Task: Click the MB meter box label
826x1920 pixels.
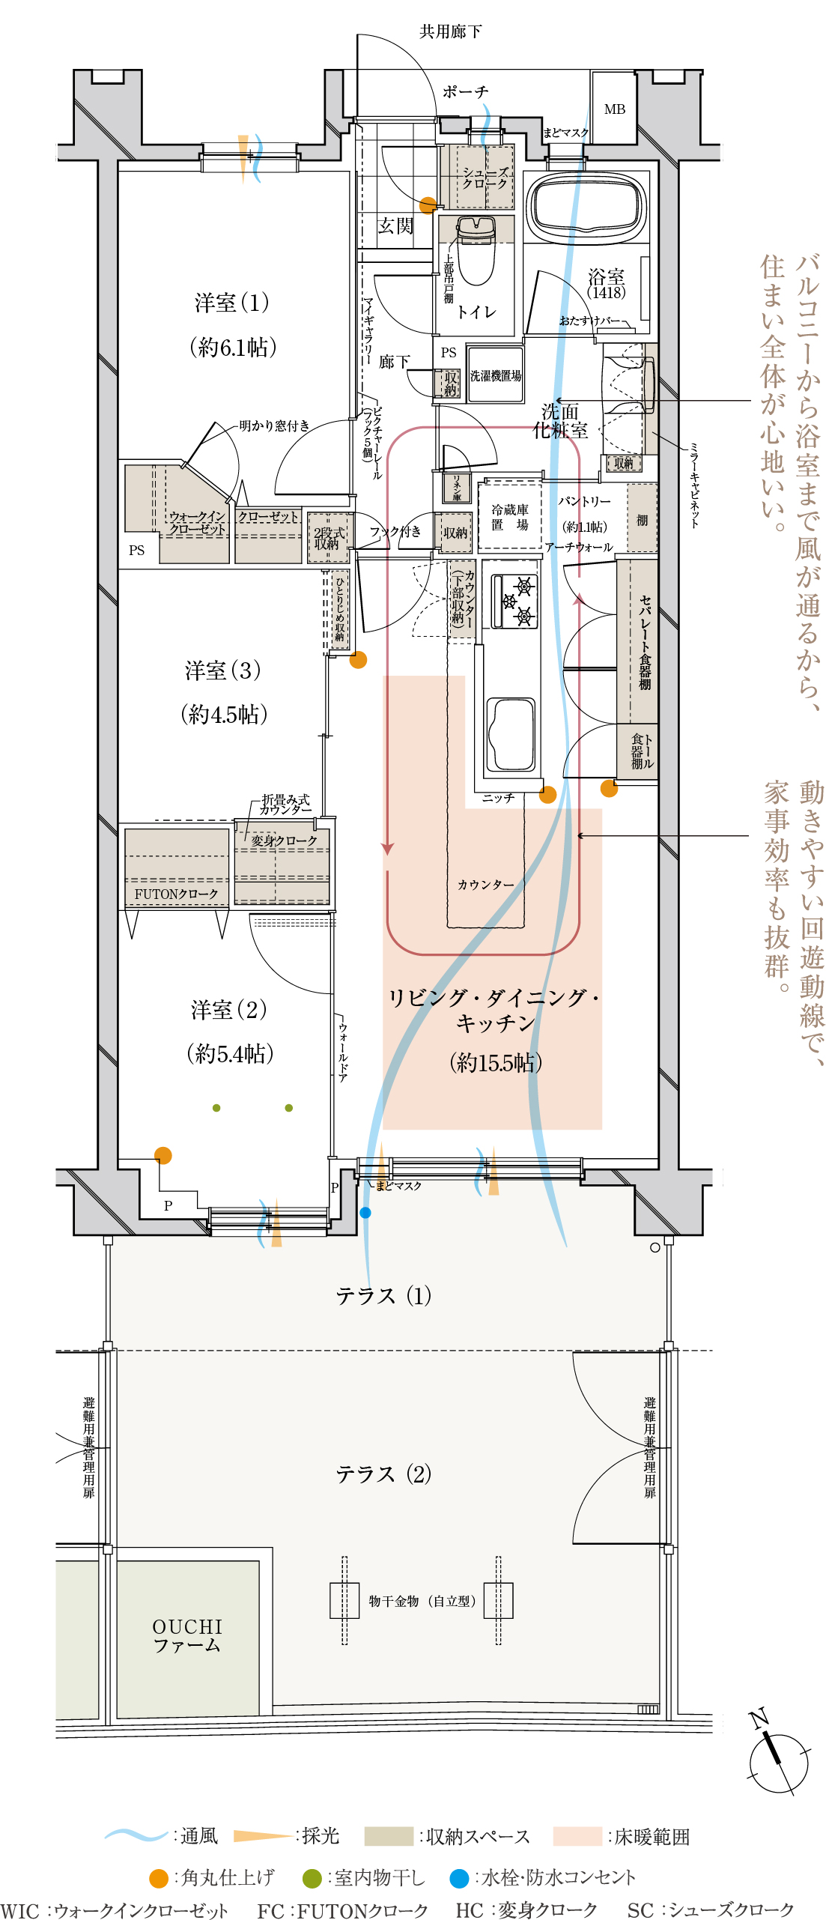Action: [x=614, y=109]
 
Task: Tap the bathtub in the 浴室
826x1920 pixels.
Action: [x=586, y=205]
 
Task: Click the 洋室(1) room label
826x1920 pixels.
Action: [x=231, y=303]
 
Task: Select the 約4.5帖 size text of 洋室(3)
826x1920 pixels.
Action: [x=224, y=715]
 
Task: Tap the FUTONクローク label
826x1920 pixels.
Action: [x=176, y=894]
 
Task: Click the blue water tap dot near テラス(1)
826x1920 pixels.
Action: [x=365, y=1212]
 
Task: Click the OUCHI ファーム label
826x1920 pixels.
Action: [x=187, y=1636]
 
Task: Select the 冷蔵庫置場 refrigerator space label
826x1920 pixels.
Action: [x=509, y=518]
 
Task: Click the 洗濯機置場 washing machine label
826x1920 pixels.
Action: [x=495, y=376]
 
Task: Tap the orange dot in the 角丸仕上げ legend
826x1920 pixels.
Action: [x=158, y=1878]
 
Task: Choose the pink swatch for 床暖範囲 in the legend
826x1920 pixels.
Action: [x=577, y=1837]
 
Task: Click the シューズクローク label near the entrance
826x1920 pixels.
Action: [x=485, y=178]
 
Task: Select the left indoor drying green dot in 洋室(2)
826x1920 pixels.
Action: [x=216, y=1108]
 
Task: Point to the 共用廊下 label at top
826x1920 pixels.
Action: [x=450, y=31]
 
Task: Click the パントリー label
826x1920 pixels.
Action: [x=584, y=501]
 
